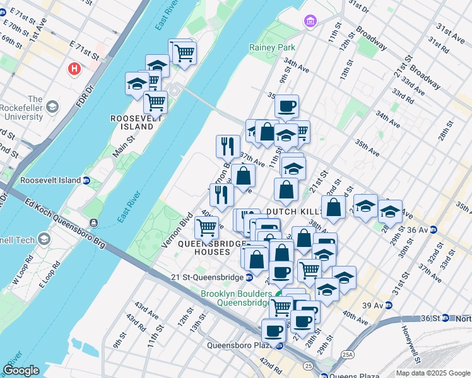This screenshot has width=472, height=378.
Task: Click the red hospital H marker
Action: point(75,68)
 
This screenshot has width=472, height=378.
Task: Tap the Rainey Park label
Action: point(272,47)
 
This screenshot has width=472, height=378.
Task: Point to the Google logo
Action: point(21,370)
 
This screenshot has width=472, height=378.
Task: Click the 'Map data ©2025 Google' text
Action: point(433,373)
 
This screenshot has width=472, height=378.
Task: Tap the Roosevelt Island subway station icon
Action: point(86,180)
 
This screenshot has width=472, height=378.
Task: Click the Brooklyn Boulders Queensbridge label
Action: point(235,298)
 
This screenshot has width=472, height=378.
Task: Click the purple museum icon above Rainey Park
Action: point(309,22)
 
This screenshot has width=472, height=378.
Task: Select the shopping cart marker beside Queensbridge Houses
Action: point(206,226)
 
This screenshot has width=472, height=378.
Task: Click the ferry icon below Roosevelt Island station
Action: point(94,222)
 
